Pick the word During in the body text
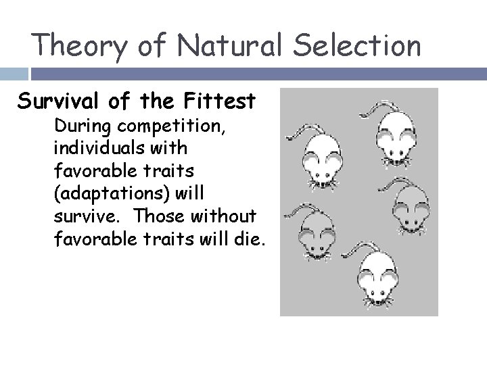tap(78, 125)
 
